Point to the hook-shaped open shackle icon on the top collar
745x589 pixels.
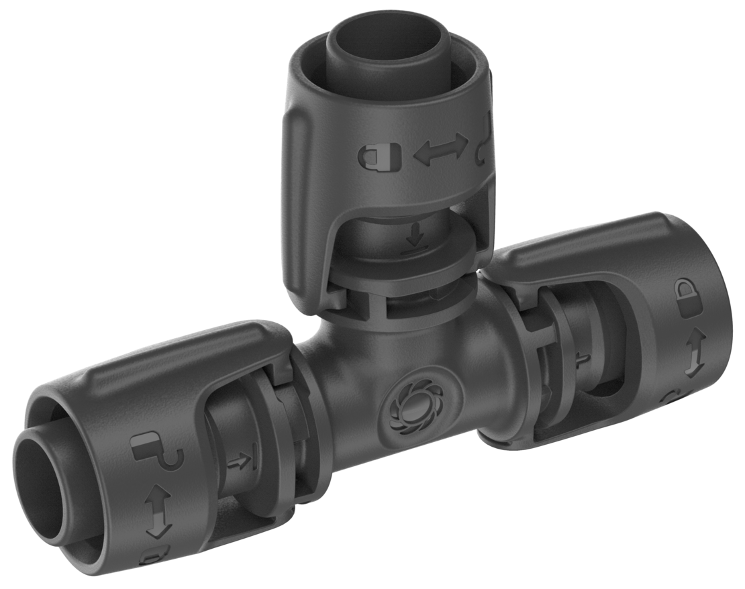(x=485, y=144)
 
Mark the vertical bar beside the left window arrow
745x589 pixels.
(x=253, y=460)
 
